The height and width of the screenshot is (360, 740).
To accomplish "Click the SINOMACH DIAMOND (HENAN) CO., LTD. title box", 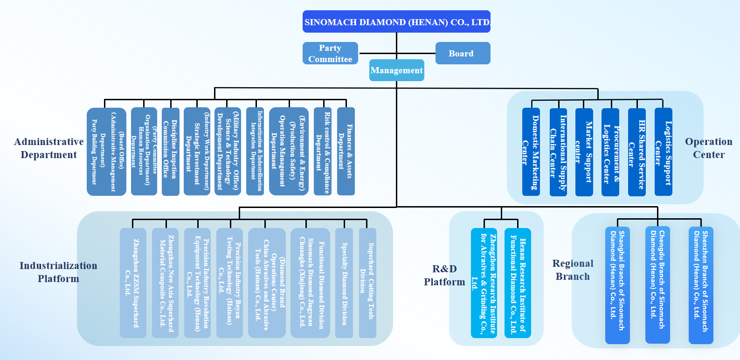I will pos(396,22).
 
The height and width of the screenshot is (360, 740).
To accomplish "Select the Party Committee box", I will pos(330,53).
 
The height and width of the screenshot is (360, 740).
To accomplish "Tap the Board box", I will pos(463,53).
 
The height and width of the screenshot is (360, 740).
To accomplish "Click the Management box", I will pos(396,70).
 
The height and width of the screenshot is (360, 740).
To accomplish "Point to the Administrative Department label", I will pos(48,148).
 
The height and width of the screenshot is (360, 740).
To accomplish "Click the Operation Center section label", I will pos(708,148).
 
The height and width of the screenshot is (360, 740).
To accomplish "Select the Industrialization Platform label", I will pos(58,272).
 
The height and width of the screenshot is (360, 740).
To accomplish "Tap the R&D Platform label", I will pos(444,275).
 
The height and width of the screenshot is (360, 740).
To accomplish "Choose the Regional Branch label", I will pos(573,270).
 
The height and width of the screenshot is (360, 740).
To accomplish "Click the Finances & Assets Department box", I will pos(346,151).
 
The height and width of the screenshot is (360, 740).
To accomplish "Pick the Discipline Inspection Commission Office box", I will pos(170,151).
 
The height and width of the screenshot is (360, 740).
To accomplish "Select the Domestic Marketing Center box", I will pos(531,152).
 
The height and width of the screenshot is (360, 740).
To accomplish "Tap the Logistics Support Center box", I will pos(663,152).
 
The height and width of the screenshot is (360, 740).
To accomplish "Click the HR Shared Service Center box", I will pos(636,152).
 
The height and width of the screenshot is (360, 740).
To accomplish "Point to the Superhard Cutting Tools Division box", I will pos(367,283).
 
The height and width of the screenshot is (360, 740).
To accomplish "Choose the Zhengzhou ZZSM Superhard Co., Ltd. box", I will pos(133,283).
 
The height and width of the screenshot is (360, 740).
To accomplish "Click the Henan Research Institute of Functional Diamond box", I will pos(518,283).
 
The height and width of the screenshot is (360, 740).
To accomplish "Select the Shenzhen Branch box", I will pos(701,285).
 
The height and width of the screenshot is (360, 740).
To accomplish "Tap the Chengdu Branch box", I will pos(657,284).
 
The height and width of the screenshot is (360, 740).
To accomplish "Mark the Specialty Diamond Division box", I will pos(344,283).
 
